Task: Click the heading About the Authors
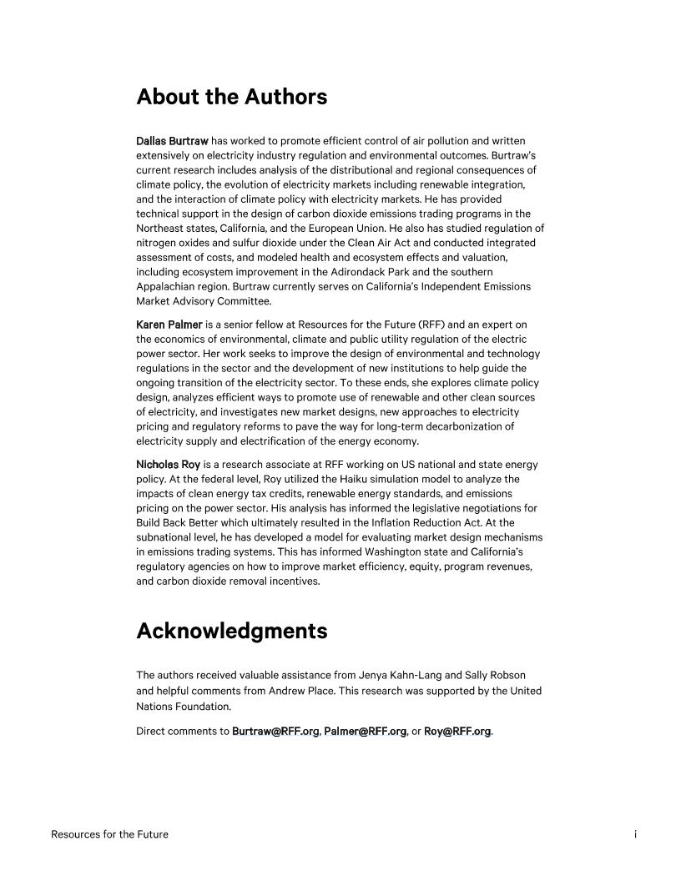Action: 231,97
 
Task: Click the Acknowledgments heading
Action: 231,631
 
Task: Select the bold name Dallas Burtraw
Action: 172,141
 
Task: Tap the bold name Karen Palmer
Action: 169,325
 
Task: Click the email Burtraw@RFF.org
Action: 275,732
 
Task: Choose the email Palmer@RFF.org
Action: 365,732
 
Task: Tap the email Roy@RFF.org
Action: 457,732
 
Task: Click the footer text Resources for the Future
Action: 109,834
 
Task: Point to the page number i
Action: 635,834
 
